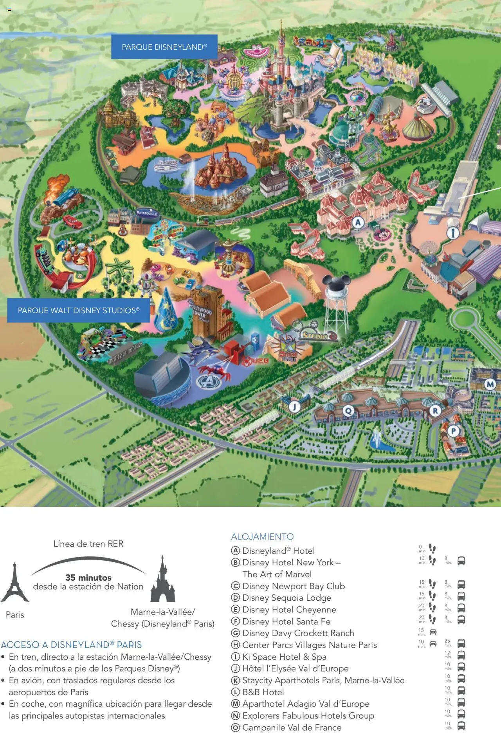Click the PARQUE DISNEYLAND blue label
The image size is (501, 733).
pos(164,47)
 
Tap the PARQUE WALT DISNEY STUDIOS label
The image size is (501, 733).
pos(78,311)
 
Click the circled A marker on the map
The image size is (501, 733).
pos(358,223)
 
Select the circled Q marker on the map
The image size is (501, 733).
pos(348,411)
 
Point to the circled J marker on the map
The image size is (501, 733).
pos(295,406)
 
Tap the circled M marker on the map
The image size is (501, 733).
pos(490,384)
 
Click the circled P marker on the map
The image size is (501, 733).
pos(453,431)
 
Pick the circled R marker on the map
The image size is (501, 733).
pos(435,410)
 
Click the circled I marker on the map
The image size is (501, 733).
pos(453,233)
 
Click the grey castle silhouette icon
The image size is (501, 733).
pos(162,580)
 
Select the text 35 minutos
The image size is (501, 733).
pos(88,578)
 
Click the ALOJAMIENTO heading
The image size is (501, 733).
pos(262,536)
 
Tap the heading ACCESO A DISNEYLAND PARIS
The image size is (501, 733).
pos(71,645)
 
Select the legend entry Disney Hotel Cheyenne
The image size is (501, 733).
pos(289,610)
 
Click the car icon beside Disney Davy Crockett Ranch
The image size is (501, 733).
pos(433,632)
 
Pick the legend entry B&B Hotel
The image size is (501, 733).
pos(263,692)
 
